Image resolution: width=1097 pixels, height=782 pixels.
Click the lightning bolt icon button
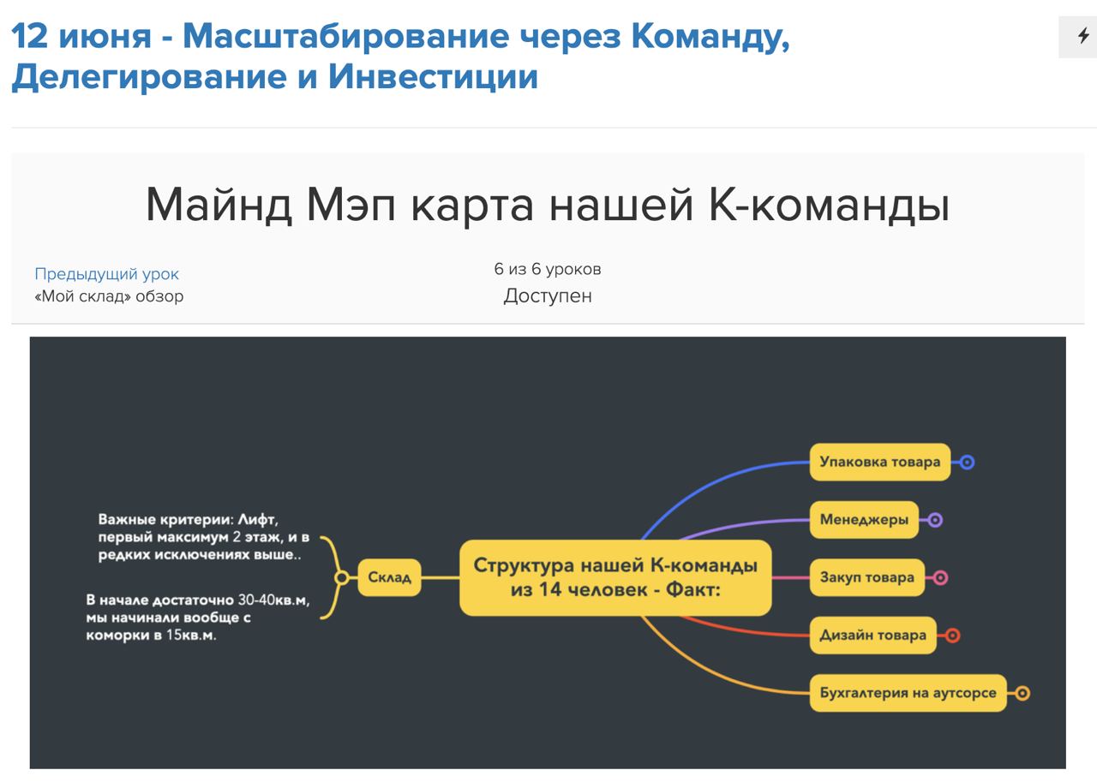click(1082, 36)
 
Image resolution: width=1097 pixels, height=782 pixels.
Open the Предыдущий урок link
click(106, 273)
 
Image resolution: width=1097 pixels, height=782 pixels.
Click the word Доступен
click(548, 295)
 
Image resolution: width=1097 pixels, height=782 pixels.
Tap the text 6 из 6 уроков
click(548, 269)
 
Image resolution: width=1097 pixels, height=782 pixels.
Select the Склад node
click(389, 577)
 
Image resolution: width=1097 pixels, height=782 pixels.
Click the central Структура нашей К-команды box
click(615, 577)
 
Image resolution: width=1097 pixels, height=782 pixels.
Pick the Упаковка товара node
click(880, 462)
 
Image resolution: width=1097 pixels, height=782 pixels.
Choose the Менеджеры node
click(864, 520)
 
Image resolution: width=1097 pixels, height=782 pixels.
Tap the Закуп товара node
click(866, 577)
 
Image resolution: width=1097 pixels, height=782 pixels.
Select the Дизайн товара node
click(873, 636)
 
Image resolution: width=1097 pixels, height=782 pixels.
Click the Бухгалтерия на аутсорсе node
click(908, 693)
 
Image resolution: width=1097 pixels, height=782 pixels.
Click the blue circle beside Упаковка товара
click(968, 462)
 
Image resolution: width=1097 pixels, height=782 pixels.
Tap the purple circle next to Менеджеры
click(935, 520)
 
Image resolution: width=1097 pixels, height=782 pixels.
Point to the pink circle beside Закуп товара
click(941, 577)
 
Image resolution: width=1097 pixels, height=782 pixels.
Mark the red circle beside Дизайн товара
click(952, 636)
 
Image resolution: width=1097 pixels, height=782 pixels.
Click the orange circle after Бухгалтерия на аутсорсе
click(1022, 693)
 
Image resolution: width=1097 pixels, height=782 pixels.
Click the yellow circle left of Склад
click(342, 577)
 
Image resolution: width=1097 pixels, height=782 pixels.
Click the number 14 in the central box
click(549, 589)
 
